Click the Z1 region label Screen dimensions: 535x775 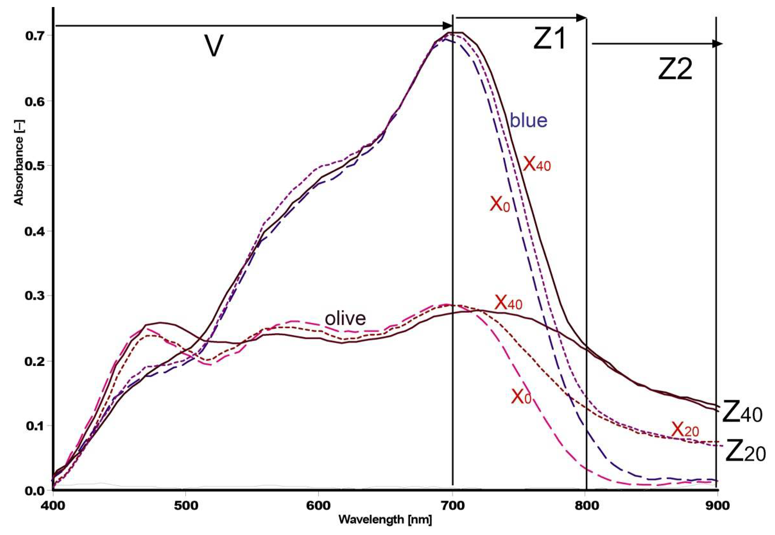pyautogui.click(x=549, y=39)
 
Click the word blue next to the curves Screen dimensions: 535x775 pyautogui.click(x=529, y=120)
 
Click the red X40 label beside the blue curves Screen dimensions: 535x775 pyautogui.click(x=537, y=164)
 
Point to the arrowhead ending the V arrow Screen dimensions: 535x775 pyautogui.click(x=448, y=25)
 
